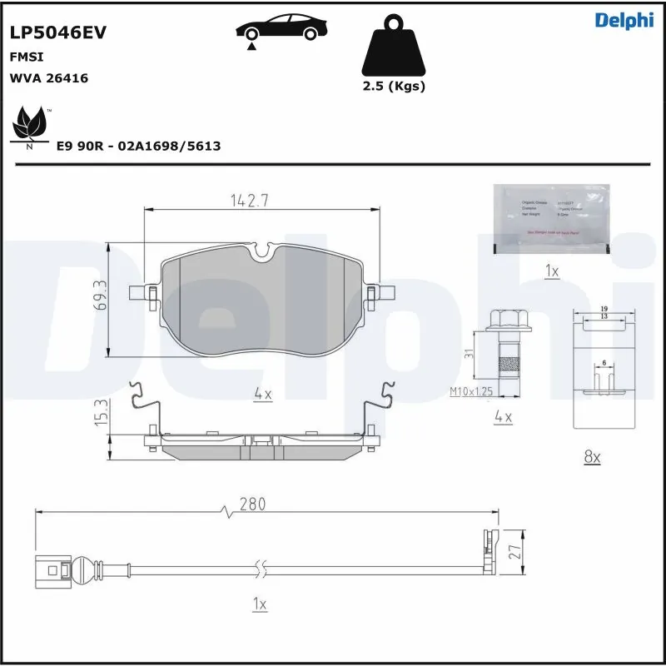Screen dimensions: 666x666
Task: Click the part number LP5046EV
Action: (x=57, y=32)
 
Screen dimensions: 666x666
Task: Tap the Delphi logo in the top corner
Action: (x=624, y=21)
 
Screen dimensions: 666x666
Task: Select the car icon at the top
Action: (x=279, y=27)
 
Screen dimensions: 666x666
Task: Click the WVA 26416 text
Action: (x=49, y=78)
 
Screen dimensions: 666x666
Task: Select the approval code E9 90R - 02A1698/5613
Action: (x=138, y=147)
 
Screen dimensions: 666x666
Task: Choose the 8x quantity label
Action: (x=593, y=456)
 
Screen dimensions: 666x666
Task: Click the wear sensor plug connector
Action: (x=52, y=571)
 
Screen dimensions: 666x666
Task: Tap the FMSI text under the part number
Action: (x=26, y=57)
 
